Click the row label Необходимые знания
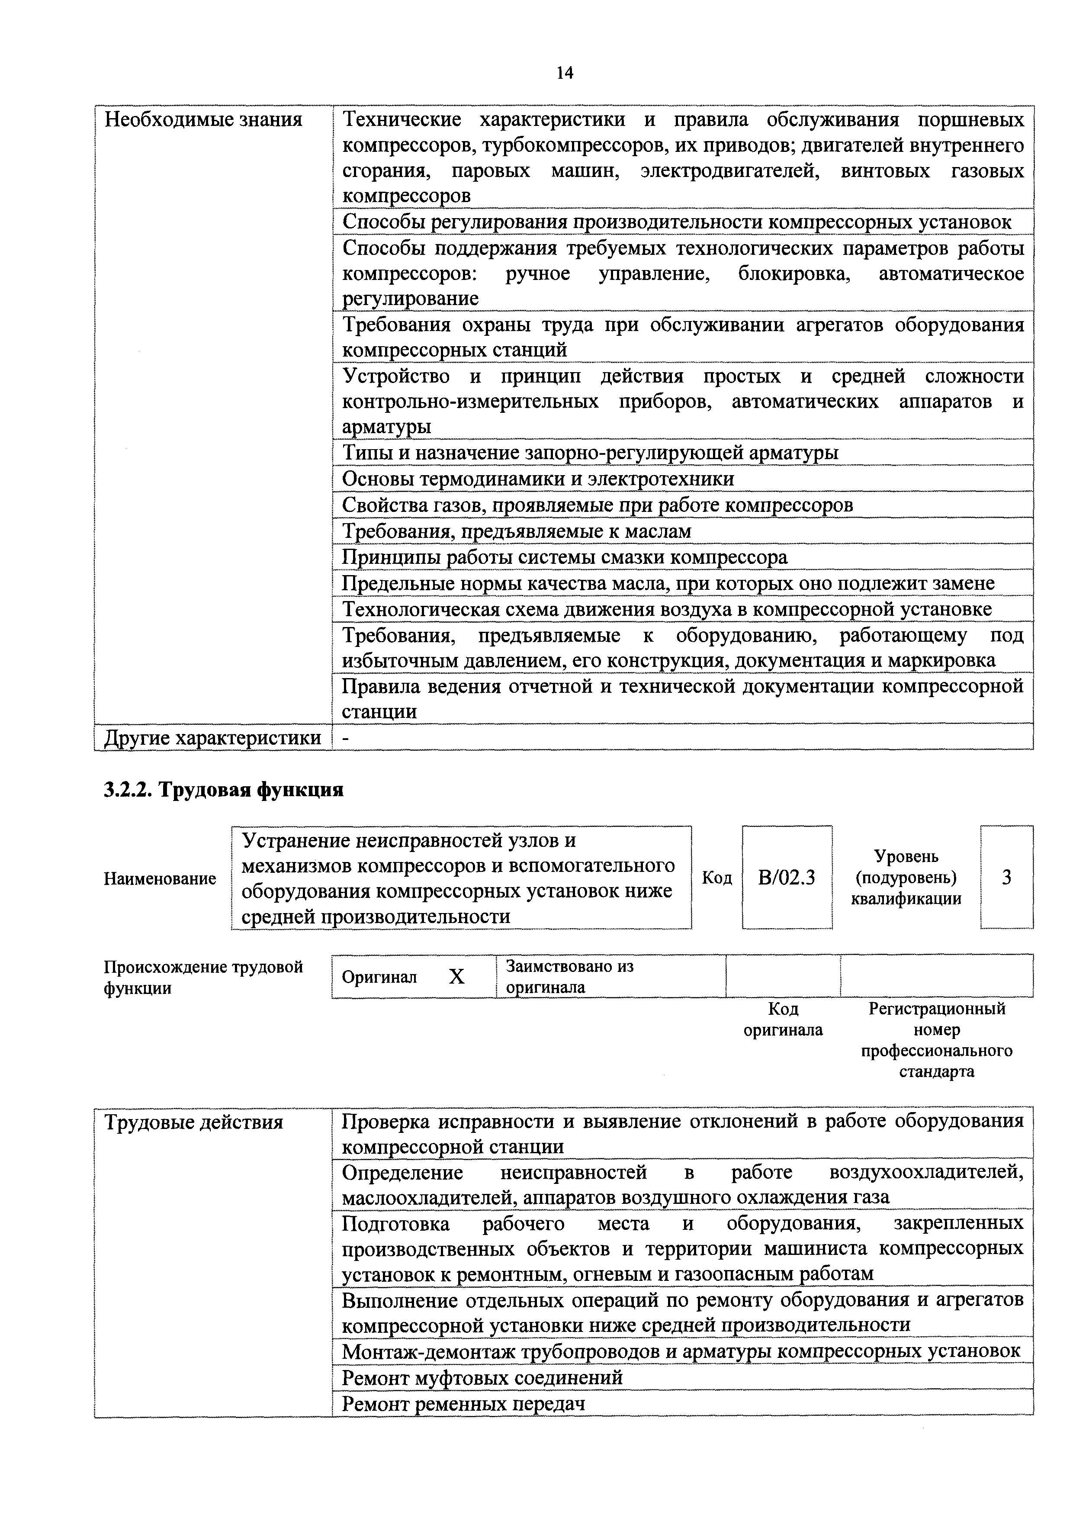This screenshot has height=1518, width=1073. tap(204, 120)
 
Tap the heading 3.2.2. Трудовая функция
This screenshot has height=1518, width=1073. tap(223, 790)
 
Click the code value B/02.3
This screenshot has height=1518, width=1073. tap(787, 878)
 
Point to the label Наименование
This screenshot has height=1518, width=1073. tap(160, 879)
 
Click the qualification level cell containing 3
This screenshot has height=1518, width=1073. tap(1006, 878)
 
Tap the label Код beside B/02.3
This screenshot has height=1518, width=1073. tap(716, 878)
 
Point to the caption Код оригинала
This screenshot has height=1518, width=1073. tap(784, 1020)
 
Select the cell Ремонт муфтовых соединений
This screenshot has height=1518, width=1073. tap(482, 1378)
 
